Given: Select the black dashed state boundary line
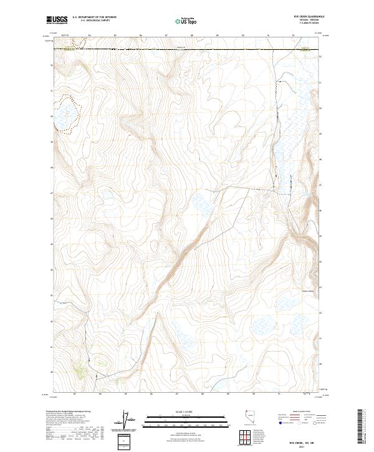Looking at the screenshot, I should coord(187,48).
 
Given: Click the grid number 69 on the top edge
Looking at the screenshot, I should coord(218,36).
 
